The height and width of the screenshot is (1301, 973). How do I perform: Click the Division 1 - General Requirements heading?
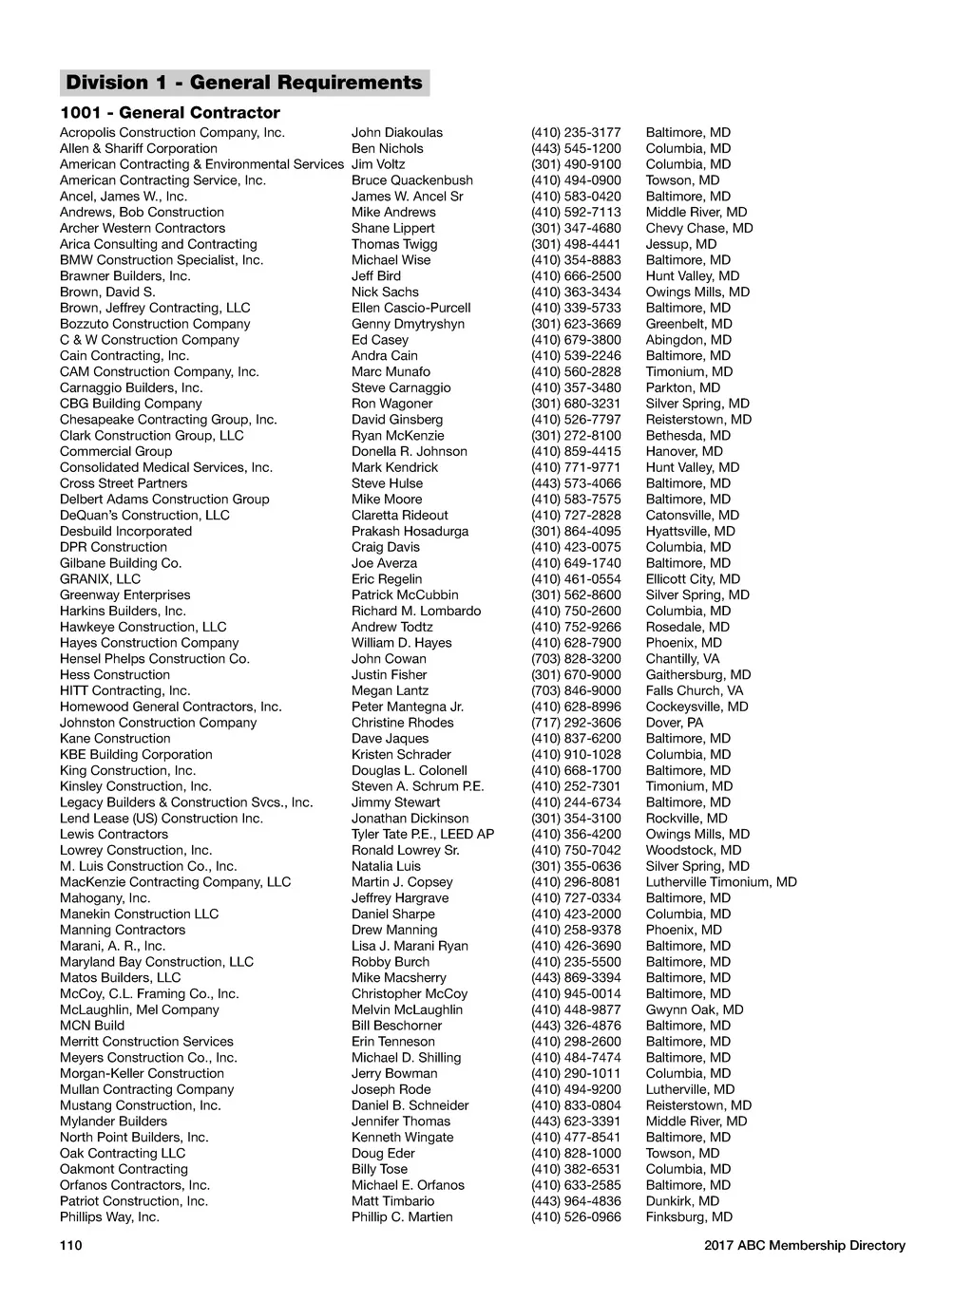244,83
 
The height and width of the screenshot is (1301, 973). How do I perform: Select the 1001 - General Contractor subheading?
170,113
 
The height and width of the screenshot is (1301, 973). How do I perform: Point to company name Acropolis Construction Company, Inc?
172,133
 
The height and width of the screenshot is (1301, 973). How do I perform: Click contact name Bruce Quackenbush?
411,180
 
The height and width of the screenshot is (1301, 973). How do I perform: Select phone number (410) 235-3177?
576,133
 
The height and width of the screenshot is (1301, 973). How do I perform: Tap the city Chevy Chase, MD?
699,228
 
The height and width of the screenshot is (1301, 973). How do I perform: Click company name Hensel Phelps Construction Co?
155,659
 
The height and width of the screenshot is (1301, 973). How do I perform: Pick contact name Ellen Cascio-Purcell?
410,308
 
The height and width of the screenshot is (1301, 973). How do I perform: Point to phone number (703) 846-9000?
576,691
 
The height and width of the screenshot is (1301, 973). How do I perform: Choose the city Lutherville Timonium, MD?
721,882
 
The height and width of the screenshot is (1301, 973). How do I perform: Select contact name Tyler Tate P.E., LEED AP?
423,835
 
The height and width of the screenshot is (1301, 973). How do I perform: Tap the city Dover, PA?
675,723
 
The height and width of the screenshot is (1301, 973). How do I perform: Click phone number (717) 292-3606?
576,723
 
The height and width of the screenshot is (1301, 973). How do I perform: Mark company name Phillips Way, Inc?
109,1217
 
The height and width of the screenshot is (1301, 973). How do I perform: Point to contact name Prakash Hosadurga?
410,532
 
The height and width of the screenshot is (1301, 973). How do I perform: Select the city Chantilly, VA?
682,659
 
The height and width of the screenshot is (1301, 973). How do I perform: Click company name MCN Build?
92,1026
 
